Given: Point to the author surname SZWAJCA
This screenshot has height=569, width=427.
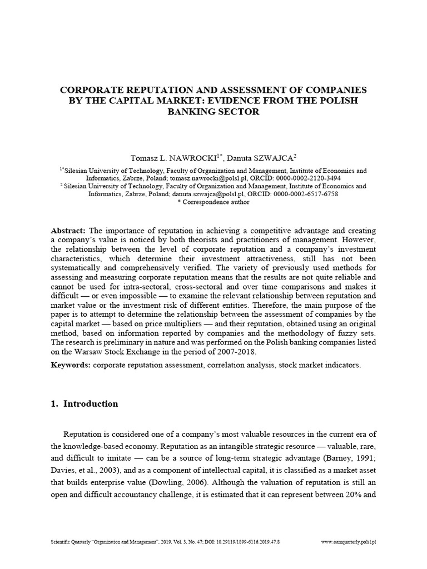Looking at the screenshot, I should tap(272, 158).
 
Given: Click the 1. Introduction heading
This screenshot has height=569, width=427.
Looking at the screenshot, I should tap(85, 404).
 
